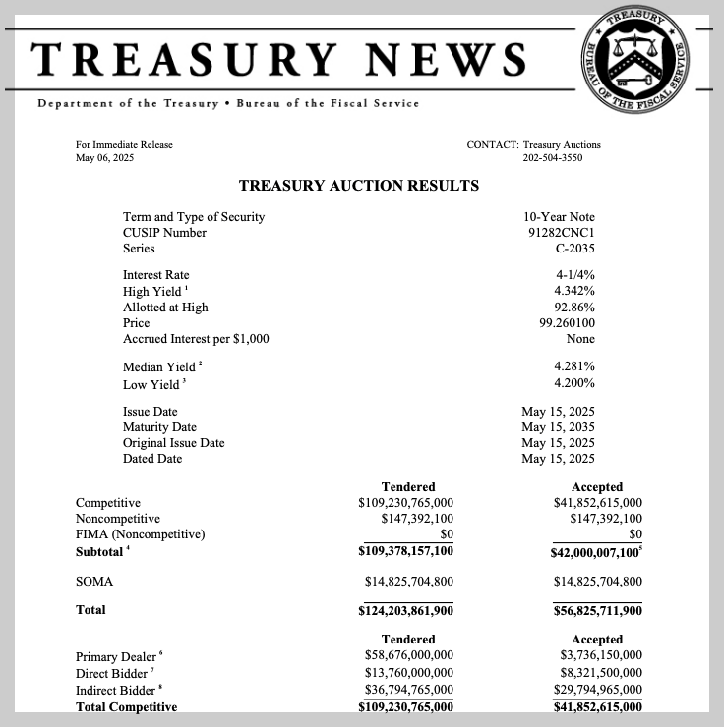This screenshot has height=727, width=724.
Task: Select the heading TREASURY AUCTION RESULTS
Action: coord(359,185)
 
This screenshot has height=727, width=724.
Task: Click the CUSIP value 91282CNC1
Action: coord(561,233)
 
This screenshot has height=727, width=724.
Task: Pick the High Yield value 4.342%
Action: coord(574,292)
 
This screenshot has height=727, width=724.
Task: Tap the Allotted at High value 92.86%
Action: coord(574,308)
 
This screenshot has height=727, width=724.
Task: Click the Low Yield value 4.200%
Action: coord(574,383)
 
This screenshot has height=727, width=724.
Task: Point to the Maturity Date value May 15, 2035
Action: coord(558,427)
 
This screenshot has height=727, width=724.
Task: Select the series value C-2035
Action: coord(574,249)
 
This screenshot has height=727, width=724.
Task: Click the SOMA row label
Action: coord(94,582)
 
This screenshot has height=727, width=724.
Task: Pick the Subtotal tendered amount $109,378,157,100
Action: coord(405,552)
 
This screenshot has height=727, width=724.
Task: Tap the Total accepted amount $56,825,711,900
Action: coord(597,610)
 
